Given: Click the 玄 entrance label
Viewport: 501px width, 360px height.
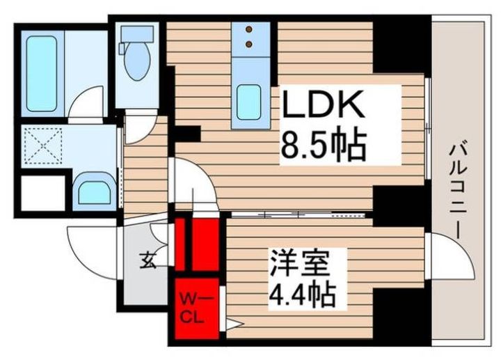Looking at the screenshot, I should (148, 262).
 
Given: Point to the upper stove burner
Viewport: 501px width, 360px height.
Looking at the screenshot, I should (248, 30).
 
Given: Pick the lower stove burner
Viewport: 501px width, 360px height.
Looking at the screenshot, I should (248, 45).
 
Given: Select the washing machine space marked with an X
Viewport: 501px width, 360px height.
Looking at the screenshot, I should (42, 146).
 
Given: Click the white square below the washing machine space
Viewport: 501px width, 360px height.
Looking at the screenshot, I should (42, 194).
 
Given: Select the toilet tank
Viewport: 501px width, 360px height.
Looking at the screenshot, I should (137, 33).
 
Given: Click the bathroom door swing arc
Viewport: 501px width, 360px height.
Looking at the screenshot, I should (86, 106).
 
